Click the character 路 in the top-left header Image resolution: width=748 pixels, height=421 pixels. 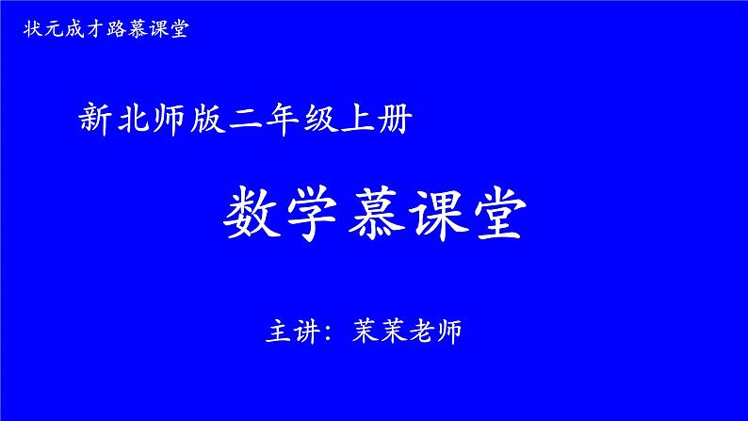coord(116,29)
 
